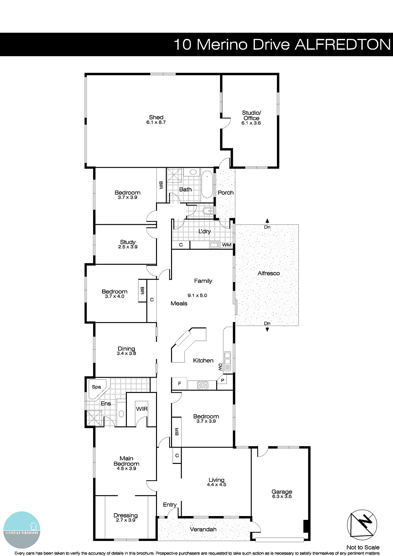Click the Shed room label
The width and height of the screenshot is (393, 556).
156,117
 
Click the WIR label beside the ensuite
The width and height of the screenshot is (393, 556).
141,409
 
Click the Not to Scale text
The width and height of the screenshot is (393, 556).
363,547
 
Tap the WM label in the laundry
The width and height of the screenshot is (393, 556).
227,245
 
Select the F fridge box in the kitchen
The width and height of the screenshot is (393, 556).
179,384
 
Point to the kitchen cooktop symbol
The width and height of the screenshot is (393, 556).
203,385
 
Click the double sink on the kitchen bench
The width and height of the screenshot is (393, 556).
228,361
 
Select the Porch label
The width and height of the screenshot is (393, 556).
226,193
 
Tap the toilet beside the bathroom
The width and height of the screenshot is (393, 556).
208,211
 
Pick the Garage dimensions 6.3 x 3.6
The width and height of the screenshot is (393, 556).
282,497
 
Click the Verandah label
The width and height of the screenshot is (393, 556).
203,529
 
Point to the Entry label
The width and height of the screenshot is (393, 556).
170,505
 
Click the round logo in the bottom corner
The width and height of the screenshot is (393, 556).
22,530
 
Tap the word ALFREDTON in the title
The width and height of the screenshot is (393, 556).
343,44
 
